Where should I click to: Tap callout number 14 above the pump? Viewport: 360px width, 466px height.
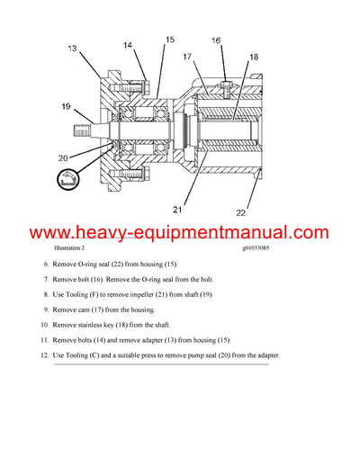[x=127, y=45]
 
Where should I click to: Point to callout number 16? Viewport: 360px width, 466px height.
[x=216, y=40]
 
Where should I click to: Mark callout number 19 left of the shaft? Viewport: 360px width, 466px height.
[x=67, y=106]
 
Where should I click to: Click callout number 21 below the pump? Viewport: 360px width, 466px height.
[x=178, y=211]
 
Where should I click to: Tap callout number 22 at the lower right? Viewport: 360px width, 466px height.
[x=240, y=212]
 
